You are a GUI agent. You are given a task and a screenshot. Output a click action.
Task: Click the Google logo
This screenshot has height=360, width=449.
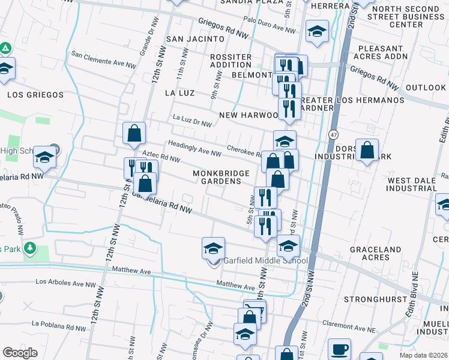point(20,353)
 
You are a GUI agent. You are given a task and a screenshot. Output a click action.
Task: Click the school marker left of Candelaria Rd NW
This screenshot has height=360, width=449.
point(44,157)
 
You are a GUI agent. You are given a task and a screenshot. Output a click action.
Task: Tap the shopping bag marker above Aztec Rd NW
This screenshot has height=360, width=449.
point(134,133)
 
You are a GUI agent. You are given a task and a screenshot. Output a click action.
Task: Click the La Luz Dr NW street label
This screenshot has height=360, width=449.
point(192,121)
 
